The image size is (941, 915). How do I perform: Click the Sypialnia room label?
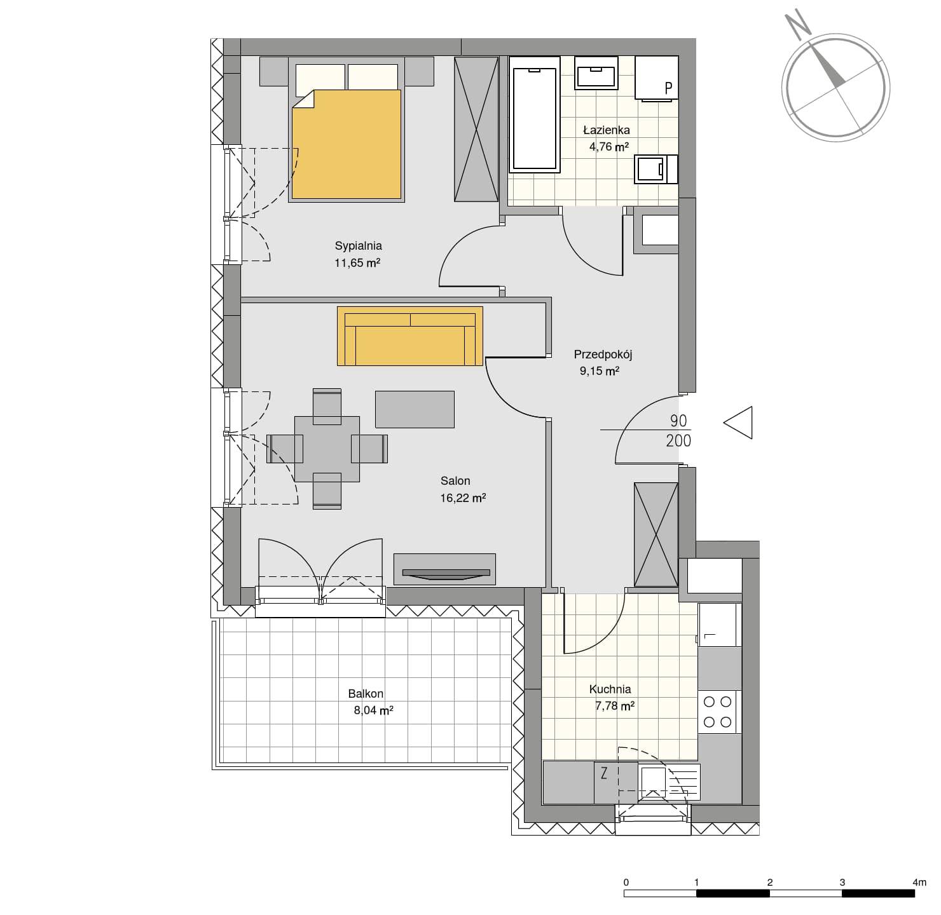click(x=358, y=245)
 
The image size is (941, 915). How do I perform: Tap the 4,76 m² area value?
click(x=608, y=146)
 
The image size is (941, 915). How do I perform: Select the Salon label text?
click(x=455, y=481)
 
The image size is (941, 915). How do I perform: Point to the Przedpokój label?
click(x=603, y=355)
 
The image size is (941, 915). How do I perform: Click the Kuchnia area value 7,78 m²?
click(x=615, y=706)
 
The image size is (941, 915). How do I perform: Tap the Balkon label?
click(x=366, y=694)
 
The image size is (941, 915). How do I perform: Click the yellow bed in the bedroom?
click(x=347, y=144)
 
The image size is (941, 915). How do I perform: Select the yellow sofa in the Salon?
click(x=410, y=336)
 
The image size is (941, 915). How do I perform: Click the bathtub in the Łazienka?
click(x=534, y=114)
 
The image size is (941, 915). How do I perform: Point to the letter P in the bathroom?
click(x=668, y=88)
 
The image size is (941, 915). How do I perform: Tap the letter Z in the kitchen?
click(x=603, y=773)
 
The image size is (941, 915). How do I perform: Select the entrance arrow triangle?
click(x=738, y=423)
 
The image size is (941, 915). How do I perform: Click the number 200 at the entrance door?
click(x=678, y=441)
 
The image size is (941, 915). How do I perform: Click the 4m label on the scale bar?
click(x=919, y=882)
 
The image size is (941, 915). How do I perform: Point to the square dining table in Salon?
click(x=327, y=449)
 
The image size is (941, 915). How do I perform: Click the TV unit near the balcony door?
click(x=445, y=569)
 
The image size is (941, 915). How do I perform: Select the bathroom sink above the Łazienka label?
click(x=596, y=73)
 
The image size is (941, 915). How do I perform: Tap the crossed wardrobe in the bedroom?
click(x=476, y=129)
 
